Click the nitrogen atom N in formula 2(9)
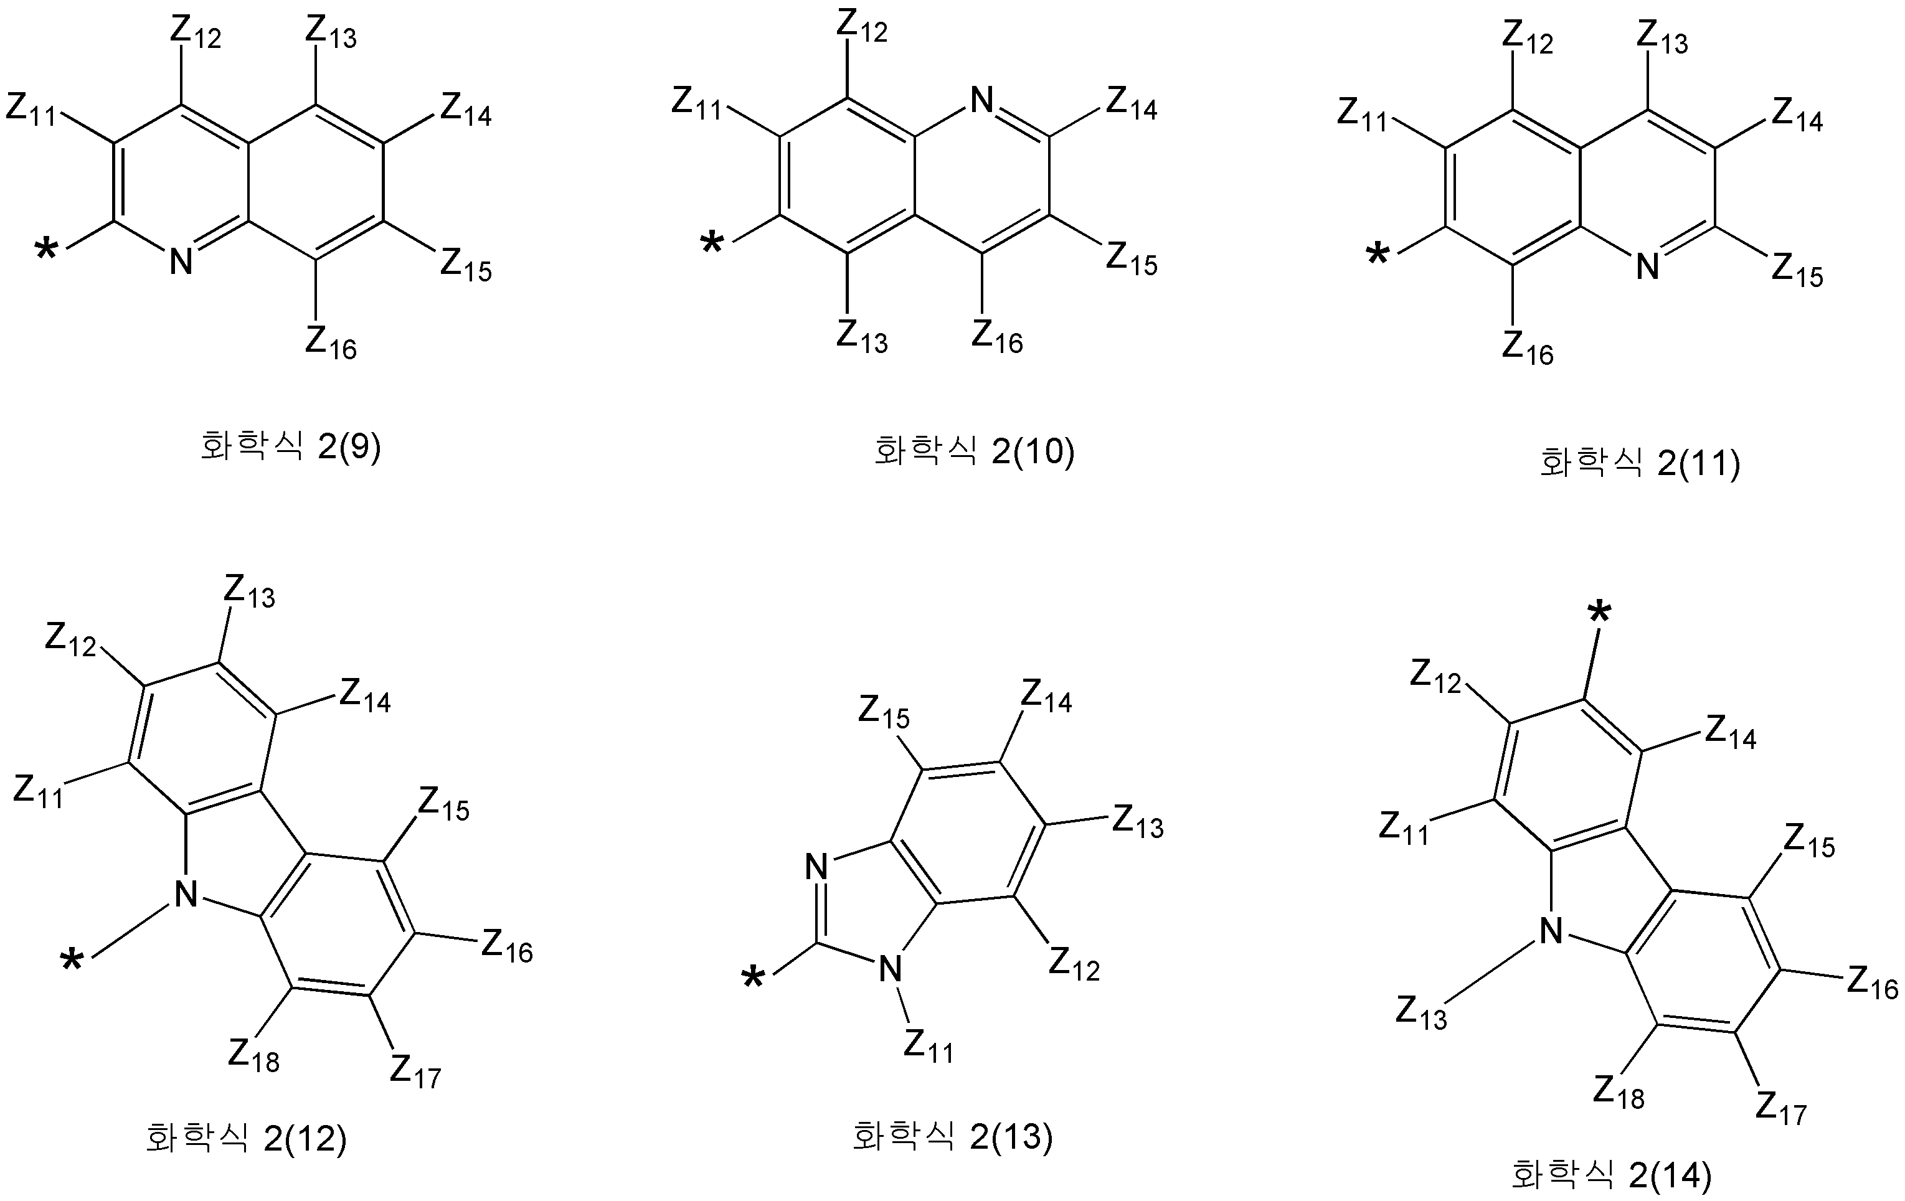tap(181, 261)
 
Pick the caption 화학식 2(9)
tap(290, 446)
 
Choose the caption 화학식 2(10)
tap(974, 452)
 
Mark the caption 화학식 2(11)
tap(1640, 463)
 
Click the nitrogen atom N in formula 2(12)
tap(185, 894)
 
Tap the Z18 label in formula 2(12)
tap(254, 1055)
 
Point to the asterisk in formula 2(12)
tap(72, 962)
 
